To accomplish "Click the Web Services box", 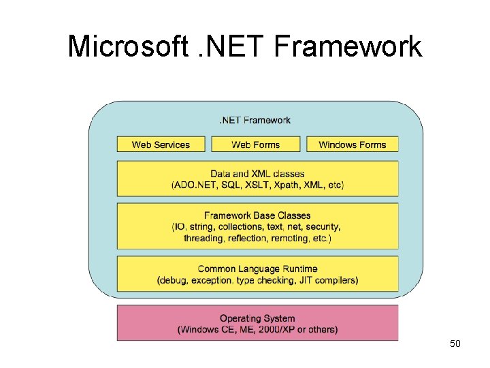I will (161, 144).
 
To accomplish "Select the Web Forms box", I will (255, 144).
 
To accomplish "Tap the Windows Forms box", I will (352, 144).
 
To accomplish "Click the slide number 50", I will (455, 344).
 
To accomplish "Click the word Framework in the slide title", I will (348, 46).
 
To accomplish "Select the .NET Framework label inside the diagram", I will (255, 121).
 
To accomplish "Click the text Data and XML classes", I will (257, 174).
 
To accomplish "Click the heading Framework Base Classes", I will (257, 215).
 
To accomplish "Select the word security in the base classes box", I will (323, 226).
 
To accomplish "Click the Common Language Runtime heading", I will (257, 269).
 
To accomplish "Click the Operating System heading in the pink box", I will (257, 318).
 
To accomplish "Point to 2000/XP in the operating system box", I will (272, 330).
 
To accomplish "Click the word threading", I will (203, 238).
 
